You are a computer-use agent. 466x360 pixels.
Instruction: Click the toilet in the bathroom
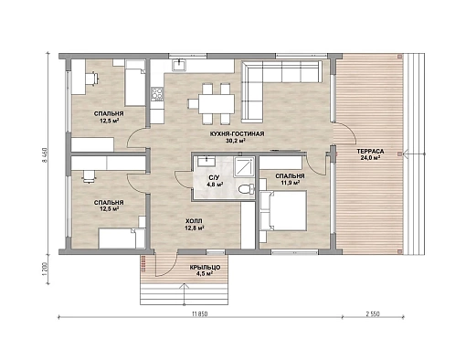point(246,189)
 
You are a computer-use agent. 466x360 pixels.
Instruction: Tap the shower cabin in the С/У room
point(244,167)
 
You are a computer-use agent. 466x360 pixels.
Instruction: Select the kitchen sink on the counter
point(179,65)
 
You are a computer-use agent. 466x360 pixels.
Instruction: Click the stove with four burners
point(157,94)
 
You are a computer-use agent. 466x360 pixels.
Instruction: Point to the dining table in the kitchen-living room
point(217,104)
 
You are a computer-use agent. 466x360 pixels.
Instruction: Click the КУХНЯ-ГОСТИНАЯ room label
point(237,133)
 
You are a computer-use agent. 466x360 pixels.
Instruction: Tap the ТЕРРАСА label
point(370,152)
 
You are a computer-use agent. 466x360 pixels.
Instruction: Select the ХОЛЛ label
point(194,221)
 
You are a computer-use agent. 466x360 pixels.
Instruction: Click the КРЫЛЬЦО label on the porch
point(205,268)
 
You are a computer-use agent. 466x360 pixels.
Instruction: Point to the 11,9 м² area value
point(290,183)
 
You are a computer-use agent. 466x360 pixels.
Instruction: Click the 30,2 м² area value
point(236,141)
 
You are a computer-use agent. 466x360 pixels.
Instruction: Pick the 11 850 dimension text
point(199,314)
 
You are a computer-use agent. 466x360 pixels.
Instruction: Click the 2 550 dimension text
point(373,314)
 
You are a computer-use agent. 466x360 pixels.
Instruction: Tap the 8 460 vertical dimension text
point(44,155)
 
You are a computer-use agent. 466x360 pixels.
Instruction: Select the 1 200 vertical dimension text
point(45,269)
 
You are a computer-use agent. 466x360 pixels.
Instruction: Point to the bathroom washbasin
point(207,161)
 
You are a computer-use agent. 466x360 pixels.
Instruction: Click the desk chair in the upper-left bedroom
point(92,79)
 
